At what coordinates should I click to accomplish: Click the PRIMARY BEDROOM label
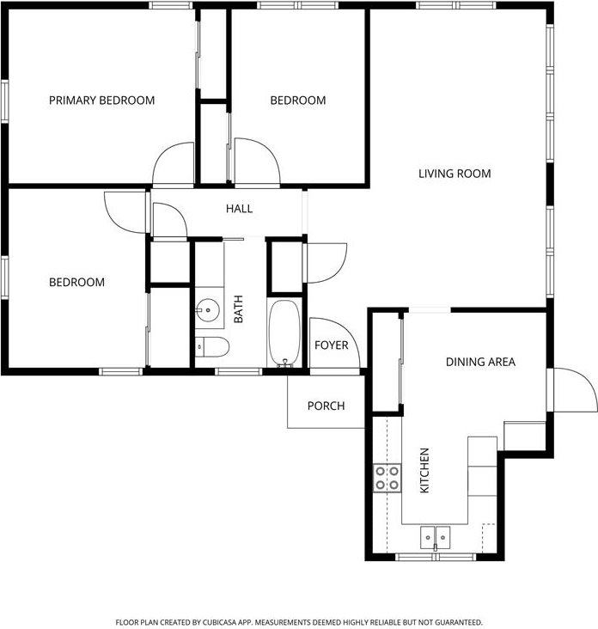click(101, 101)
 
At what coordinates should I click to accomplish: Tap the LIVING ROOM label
click(455, 174)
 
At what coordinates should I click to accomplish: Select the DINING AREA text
click(480, 362)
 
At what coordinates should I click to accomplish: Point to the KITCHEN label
click(424, 470)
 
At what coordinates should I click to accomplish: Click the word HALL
click(239, 209)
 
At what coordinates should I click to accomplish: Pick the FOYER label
click(331, 345)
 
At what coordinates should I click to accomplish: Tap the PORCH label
click(326, 406)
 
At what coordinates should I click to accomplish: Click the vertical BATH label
click(239, 309)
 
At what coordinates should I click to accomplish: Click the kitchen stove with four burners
click(387, 478)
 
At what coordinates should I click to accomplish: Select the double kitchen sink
click(436, 537)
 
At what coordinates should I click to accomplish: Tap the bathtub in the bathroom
click(284, 333)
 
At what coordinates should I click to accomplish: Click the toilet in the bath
click(212, 347)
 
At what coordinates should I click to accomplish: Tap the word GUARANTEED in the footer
click(455, 621)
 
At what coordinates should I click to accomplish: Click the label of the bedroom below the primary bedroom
click(76, 282)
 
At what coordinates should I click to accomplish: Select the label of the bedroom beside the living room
click(298, 101)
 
